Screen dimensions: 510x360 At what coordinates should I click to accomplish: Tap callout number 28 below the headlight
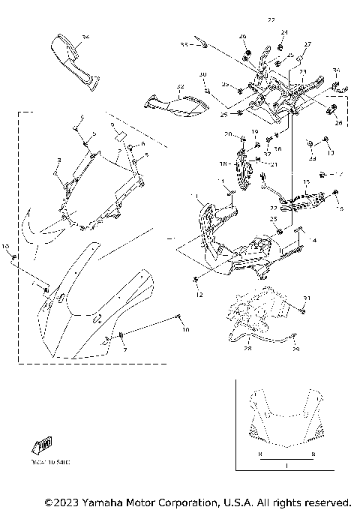pos(247,347)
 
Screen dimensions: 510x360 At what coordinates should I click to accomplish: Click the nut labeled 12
pos(199,295)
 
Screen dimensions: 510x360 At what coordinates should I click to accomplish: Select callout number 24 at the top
pos(284,32)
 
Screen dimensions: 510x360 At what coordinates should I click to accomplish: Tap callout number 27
pos(307,45)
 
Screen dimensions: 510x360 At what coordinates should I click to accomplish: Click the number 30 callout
pos(202,74)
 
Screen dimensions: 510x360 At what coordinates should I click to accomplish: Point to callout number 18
pos(221,163)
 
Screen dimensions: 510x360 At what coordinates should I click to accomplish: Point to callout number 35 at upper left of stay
pos(184,45)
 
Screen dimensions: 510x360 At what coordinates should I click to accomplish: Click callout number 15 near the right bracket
pos(306,181)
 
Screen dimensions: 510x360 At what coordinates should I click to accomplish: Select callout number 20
pos(227,134)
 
